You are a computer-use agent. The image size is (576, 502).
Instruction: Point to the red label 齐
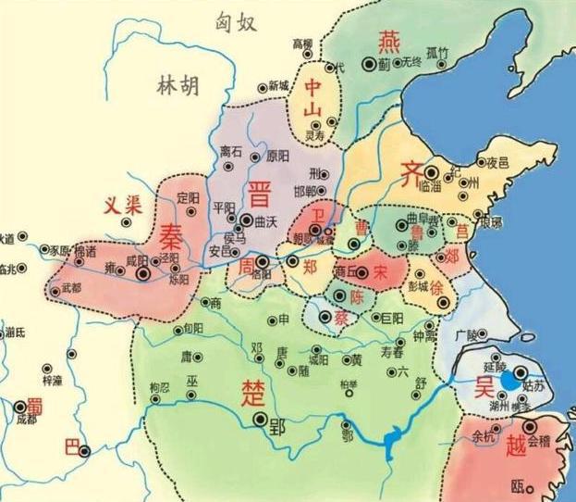click(411, 173)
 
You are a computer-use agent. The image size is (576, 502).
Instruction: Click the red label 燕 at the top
click(386, 41)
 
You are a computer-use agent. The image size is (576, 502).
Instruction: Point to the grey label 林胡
click(177, 88)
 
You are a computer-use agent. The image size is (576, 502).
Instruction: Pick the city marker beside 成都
click(20, 405)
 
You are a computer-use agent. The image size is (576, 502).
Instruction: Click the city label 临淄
click(430, 185)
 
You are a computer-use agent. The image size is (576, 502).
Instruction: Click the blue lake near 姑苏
click(510, 380)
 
